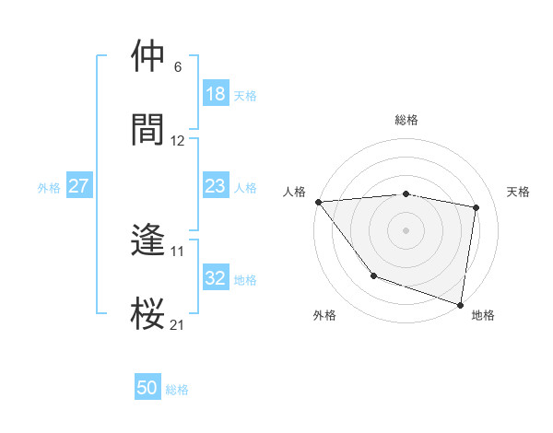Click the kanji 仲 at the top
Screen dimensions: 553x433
click(x=148, y=56)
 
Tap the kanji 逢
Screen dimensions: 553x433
click(x=148, y=240)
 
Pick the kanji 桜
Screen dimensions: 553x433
click(x=148, y=313)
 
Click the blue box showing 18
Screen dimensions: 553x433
click(x=215, y=94)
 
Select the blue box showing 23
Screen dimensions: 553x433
click(x=215, y=186)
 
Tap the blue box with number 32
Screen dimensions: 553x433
click(x=215, y=278)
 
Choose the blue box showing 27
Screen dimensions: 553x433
click(x=79, y=186)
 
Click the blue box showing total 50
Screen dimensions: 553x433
click(x=147, y=388)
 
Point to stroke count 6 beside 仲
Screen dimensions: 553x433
click(x=177, y=67)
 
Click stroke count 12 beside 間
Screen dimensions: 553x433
click(x=178, y=141)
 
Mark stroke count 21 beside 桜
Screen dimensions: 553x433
click(x=178, y=324)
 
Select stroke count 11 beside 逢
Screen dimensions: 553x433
click(x=178, y=251)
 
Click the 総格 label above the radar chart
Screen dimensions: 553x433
click(x=406, y=120)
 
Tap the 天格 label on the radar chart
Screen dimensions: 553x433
click(x=519, y=192)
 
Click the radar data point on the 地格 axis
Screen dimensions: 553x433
click(x=460, y=303)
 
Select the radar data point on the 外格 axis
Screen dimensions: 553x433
click(x=373, y=275)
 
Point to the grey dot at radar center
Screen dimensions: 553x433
click(x=406, y=229)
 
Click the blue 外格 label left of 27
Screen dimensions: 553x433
click(x=49, y=187)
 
